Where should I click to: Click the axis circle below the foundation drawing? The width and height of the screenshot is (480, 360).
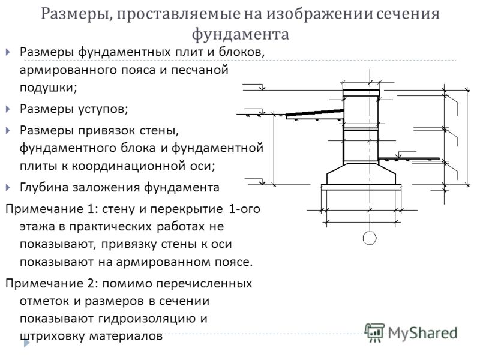(370, 238)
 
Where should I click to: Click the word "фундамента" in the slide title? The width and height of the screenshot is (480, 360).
(241, 34)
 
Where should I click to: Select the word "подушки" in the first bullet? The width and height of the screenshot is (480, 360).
(48, 88)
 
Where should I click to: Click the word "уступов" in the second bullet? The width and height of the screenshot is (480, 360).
(103, 109)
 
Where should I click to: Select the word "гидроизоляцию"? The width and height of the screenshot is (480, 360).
(148, 319)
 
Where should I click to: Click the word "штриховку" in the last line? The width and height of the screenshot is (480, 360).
(52, 337)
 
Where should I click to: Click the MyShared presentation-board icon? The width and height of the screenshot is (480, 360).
(374, 332)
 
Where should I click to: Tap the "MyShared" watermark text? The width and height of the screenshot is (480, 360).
(423, 333)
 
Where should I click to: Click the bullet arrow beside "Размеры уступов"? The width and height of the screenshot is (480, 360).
(8, 109)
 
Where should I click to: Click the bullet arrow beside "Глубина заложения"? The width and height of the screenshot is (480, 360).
(8, 187)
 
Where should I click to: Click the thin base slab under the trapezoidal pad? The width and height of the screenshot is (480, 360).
(361, 187)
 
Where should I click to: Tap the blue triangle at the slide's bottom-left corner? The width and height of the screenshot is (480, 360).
(26, 344)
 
